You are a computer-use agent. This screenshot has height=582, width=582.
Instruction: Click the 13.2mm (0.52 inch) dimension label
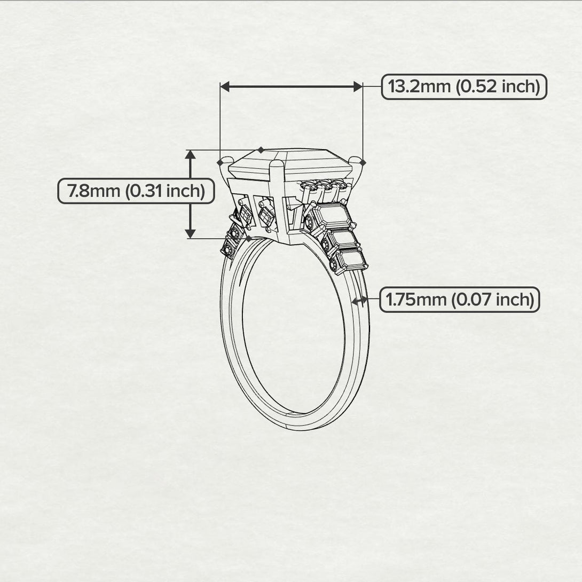464,86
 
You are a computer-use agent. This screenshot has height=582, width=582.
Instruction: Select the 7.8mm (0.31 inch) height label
136,191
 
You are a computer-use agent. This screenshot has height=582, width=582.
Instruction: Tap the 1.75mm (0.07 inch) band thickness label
460,300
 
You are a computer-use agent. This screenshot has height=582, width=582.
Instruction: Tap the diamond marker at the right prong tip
363,162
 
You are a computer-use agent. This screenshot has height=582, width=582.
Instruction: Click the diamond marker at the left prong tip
221,162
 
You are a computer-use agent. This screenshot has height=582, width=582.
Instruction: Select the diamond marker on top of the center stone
261,150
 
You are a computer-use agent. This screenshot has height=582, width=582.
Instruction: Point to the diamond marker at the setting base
249,239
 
